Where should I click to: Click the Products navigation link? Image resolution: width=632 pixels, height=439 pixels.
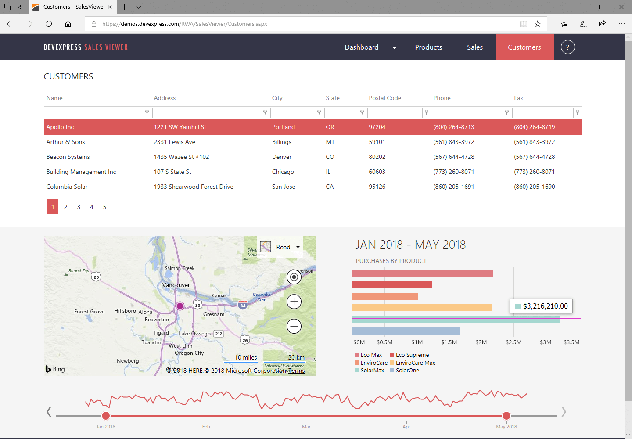[428, 47]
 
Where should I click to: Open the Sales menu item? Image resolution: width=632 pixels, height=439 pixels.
[474, 47]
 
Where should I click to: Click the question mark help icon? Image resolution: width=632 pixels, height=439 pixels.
[567, 47]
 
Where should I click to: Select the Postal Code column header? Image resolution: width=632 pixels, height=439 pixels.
[384, 98]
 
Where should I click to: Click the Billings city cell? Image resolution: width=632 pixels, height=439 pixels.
[281, 142]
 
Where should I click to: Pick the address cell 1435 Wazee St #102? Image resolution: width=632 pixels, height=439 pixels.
[181, 157]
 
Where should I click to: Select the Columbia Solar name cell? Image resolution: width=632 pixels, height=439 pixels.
[67, 187]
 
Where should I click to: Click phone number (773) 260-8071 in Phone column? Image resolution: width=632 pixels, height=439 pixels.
[453, 172]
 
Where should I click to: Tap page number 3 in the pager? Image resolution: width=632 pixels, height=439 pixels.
[79, 207]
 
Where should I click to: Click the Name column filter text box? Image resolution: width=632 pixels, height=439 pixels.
[93, 113]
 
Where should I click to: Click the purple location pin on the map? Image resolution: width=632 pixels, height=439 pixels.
[180, 306]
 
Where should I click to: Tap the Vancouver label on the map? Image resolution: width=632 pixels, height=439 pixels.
[176, 285]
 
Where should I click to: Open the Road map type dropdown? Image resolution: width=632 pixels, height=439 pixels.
[281, 247]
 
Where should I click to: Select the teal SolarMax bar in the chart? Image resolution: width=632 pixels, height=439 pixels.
[456, 319]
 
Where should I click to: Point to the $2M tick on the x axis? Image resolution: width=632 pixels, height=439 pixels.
[481, 342]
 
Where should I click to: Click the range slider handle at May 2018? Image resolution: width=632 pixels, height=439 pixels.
[506, 416]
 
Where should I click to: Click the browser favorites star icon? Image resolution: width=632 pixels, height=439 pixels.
[538, 24]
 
